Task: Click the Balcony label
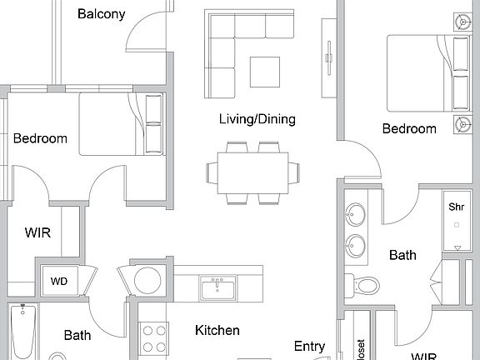(101, 13)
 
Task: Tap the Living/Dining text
(257, 119)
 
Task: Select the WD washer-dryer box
(59, 281)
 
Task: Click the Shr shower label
(456, 207)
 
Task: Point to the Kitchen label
(217, 330)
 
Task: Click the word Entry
(310, 346)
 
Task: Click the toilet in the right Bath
(364, 284)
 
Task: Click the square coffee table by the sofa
(266, 71)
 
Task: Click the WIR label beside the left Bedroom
(37, 232)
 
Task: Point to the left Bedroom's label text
(40, 138)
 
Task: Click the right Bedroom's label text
(408, 128)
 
